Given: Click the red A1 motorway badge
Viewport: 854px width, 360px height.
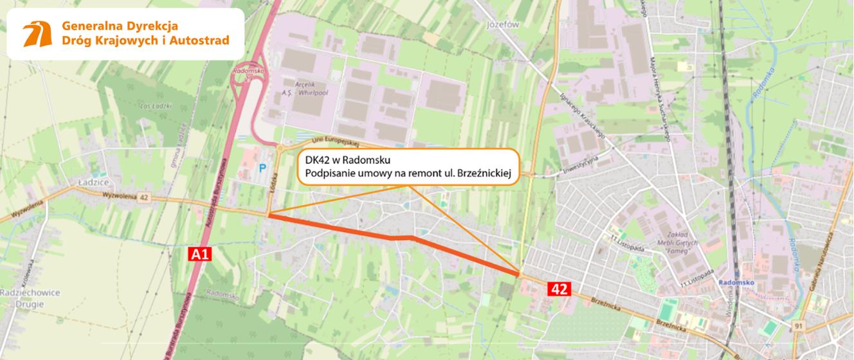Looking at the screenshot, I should point(200,255).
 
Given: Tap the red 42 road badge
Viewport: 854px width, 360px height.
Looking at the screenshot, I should point(559,289).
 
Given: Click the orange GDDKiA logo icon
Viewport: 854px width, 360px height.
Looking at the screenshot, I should point(37,34).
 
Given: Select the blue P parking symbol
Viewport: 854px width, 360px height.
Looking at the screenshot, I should point(262,168).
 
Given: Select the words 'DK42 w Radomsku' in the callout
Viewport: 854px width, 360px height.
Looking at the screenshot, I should point(338,159).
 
